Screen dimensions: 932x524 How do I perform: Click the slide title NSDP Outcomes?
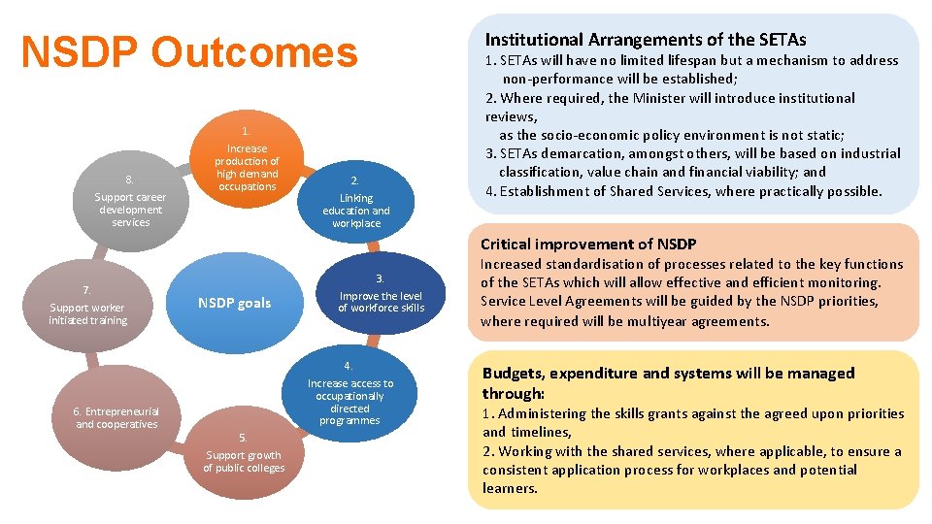click(189, 53)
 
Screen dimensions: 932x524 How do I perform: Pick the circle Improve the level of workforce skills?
click(381, 296)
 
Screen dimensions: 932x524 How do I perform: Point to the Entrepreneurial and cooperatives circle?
click(116, 418)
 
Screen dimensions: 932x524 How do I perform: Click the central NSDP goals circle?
click(234, 303)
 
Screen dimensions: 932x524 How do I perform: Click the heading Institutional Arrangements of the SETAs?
click(645, 40)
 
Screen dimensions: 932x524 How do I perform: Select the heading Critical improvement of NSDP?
click(588, 244)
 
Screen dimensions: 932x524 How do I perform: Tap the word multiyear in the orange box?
click(640, 321)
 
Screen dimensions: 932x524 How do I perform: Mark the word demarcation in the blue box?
click(588, 153)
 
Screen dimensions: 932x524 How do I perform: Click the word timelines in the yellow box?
click(540, 432)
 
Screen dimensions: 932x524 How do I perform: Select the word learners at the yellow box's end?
click(509, 488)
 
